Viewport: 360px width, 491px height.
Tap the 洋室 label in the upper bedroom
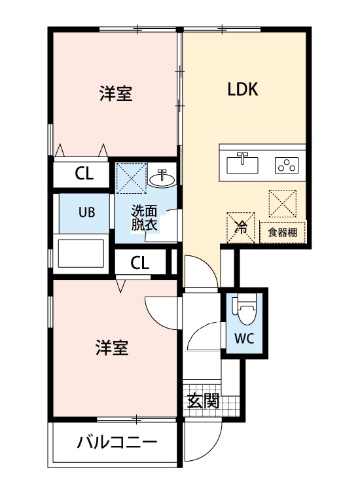point(116,95)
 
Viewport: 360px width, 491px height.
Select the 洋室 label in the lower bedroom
point(111,348)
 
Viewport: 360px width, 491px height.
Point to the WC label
point(244,338)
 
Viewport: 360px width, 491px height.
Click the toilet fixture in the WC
point(246,311)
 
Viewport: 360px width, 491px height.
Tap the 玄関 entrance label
point(203,401)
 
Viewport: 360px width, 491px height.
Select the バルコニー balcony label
point(117,443)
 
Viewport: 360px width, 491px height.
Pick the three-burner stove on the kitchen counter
point(287,164)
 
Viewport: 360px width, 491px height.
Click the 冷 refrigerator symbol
point(240,228)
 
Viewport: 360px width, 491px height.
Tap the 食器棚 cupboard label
point(283,232)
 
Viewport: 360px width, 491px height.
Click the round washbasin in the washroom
point(162,177)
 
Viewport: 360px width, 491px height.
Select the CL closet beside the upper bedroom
point(83,174)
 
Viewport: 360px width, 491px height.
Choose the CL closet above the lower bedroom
point(139,263)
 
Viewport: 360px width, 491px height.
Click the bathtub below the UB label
point(82,253)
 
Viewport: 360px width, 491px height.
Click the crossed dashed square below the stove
point(284,202)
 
